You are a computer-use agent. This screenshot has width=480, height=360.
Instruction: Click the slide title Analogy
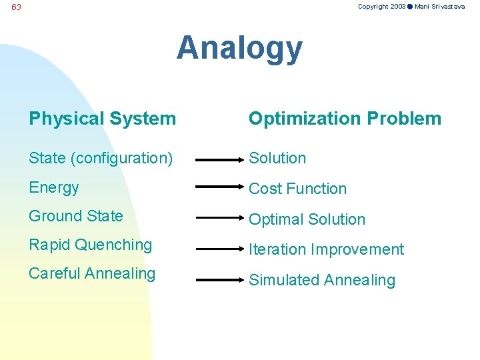coord(239,49)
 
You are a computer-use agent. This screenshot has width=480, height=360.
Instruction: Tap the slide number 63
coord(17,7)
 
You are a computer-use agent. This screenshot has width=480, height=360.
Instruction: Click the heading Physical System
coord(102,119)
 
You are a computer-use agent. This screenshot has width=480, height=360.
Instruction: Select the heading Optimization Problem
coord(345,119)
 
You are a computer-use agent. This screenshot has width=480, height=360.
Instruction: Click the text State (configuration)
coord(101,158)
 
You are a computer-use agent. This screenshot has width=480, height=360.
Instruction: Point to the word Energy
coord(54,187)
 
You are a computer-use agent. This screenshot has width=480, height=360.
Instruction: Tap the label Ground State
coord(76,216)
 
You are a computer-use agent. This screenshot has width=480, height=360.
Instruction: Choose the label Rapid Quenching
coord(91,245)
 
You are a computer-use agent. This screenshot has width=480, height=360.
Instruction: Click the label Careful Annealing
coord(92,273)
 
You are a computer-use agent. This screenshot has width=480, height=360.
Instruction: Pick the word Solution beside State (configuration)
coord(277,158)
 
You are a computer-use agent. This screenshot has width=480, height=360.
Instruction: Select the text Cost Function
coord(297,189)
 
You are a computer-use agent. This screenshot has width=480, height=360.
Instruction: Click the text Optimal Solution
coord(307,219)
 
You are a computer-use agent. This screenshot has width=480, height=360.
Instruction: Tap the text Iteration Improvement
coord(326,249)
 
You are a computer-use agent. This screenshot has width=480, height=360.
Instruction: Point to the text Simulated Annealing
coord(322,280)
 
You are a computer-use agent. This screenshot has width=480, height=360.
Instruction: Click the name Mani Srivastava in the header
coord(440,6)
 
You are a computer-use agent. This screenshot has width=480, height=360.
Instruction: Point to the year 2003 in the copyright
coord(398,6)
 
